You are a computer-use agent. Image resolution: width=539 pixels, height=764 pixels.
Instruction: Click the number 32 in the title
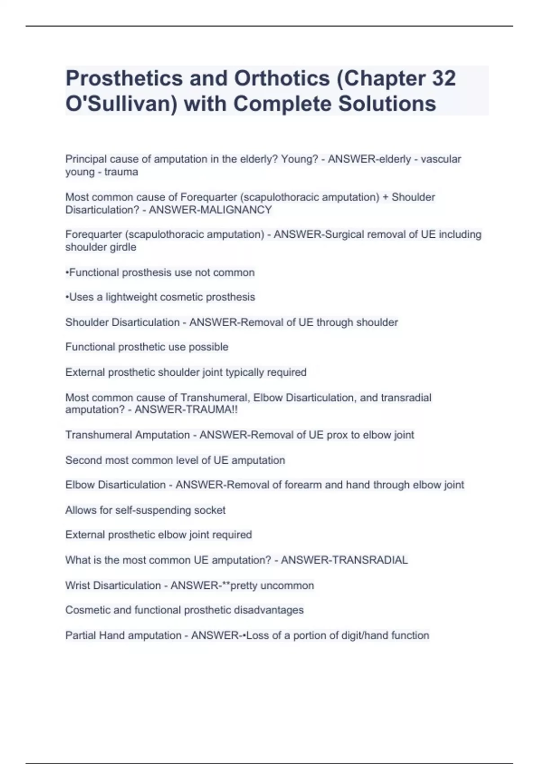coord(444,78)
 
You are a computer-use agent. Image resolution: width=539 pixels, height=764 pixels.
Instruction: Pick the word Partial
coord(80,635)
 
